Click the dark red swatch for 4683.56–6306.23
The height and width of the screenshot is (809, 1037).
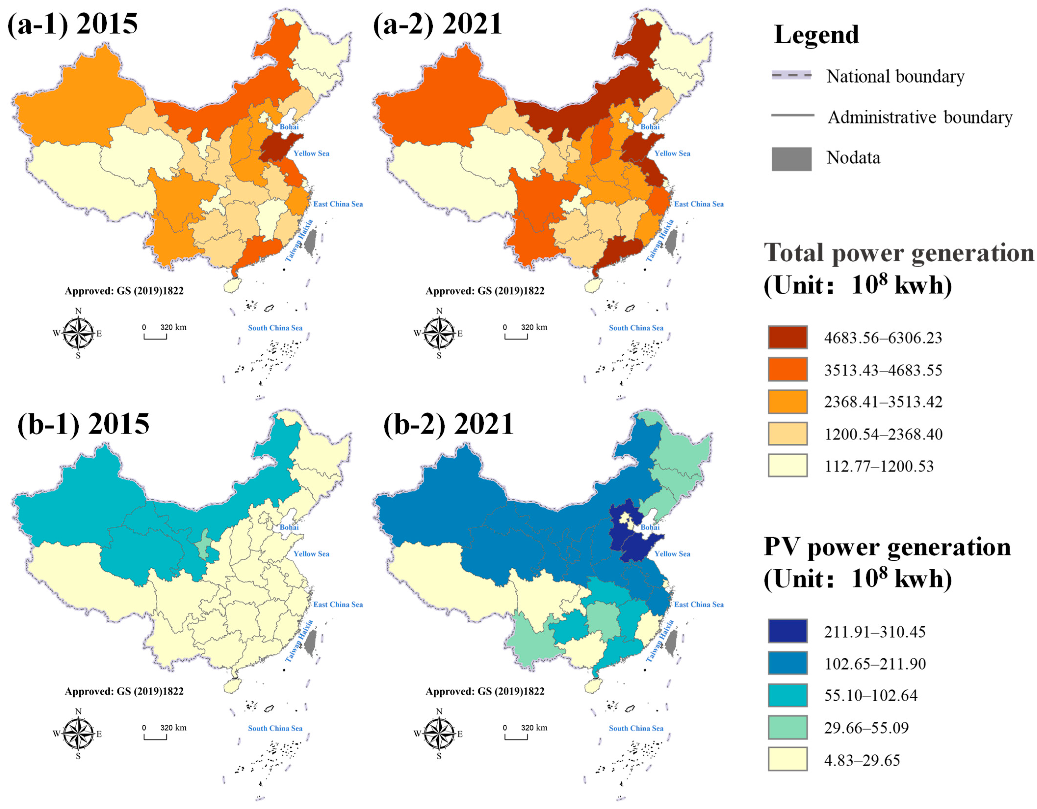787,338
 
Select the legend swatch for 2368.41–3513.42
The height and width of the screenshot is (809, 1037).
787,402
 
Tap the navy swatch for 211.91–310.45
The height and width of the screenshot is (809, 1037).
787,631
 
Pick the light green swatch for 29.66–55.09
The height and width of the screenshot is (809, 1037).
787,727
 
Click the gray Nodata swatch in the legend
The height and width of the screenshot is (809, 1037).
791,159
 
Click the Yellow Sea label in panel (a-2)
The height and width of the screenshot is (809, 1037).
672,153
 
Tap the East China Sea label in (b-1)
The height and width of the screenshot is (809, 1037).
338,604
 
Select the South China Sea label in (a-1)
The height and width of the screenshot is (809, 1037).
275,328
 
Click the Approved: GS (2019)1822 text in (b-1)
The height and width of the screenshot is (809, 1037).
124,691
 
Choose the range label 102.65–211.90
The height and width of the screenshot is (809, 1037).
875,664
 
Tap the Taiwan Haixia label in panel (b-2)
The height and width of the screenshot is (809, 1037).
660,641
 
